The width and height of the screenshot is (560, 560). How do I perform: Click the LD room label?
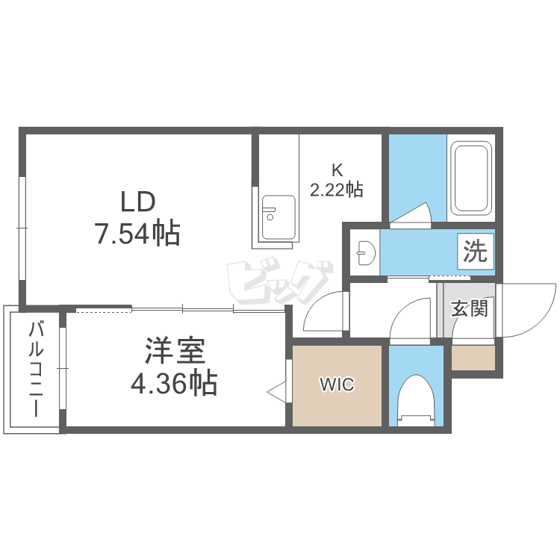pyautogui.click(x=138, y=202)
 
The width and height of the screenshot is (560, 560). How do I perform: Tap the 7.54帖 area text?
pyautogui.click(x=137, y=234)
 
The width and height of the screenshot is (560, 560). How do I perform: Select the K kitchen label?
pyautogui.click(x=337, y=170)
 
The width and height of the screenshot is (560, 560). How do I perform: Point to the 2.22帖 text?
pyautogui.click(x=337, y=190)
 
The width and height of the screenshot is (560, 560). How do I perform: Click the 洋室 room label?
pyautogui.click(x=175, y=350)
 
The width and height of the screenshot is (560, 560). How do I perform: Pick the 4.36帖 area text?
pyautogui.click(x=174, y=383)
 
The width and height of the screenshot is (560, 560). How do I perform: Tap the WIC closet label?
pyautogui.click(x=337, y=385)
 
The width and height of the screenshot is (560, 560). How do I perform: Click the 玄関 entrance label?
pyautogui.click(x=469, y=308)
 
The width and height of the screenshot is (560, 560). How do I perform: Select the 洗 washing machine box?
pyautogui.click(x=476, y=251)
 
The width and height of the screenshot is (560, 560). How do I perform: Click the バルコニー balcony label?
pyautogui.click(x=36, y=369)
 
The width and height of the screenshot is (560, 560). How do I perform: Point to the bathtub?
pyautogui.click(x=470, y=178)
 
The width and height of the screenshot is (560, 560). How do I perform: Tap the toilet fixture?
pyautogui.click(x=416, y=400)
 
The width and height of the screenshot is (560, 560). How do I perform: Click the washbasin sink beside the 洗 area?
pyautogui.click(x=366, y=252)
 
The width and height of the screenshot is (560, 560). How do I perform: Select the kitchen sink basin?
pyautogui.click(x=279, y=217)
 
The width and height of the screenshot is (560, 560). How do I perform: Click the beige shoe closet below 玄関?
pyautogui.click(x=473, y=358)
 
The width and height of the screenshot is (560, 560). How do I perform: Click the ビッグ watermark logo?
pyautogui.click(x=280, y=281)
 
